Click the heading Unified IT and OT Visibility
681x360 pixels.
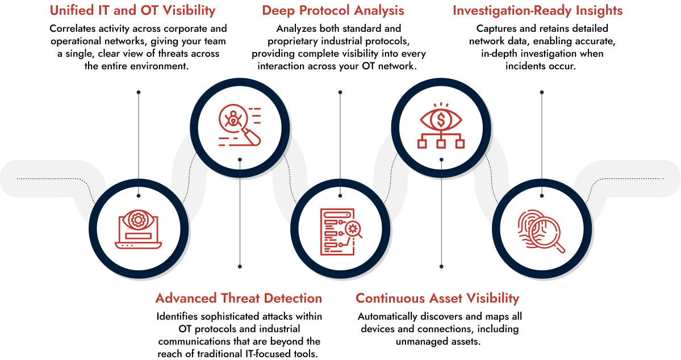point(132,11)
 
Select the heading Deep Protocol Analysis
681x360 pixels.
point(333,11)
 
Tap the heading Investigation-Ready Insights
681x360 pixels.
point(537,11)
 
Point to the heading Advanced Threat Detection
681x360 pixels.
point(239,298)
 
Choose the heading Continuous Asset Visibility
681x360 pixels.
point(437,298)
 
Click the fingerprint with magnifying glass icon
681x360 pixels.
point(542,229)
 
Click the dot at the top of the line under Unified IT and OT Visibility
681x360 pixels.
point(139,91)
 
